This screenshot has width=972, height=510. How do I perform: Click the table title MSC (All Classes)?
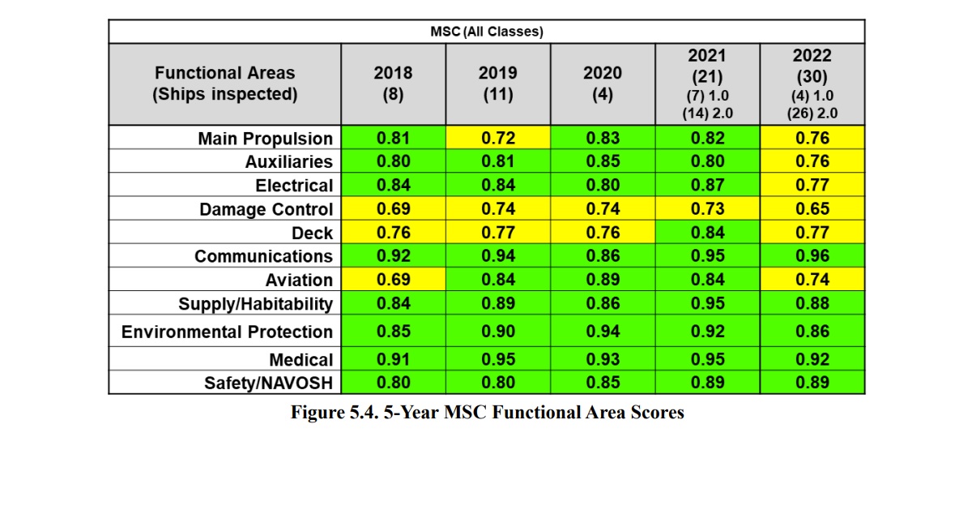tap(487, 32)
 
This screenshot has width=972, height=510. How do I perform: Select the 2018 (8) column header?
tap(393, 84)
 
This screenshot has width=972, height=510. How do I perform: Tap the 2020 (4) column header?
tap(603, 84)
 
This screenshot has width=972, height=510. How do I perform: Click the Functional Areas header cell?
tap(225, 84)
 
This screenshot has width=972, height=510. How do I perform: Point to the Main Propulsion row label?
tap(265, 139)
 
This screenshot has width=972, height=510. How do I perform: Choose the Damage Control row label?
tap(266, 209)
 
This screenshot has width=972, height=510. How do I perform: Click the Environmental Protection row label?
tap(227, 332)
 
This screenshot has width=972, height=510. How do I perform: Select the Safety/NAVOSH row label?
tap(268, 384)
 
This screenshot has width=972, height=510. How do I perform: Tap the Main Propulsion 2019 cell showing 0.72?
tap(498, 138)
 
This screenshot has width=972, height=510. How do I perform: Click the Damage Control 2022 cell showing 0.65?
tap(812, 208)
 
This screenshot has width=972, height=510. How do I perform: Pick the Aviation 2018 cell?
tap(393, 279)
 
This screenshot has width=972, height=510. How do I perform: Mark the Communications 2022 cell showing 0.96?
tap(812, 255)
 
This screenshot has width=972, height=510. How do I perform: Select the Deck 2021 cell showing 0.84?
tap(707, 232)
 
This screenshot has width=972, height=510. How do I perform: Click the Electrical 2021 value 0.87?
tap(707, 185)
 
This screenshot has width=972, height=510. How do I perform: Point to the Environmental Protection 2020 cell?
tap(603, 331)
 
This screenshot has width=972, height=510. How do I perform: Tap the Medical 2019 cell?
tap(498, 359)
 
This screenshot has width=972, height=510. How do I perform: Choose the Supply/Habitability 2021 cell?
tap(707, 302)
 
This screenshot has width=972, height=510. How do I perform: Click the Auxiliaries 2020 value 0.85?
tap(603, 161)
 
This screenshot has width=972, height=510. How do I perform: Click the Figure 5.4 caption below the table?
tap(488, 412)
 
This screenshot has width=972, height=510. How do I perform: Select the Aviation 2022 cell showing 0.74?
tap(812, 279)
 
